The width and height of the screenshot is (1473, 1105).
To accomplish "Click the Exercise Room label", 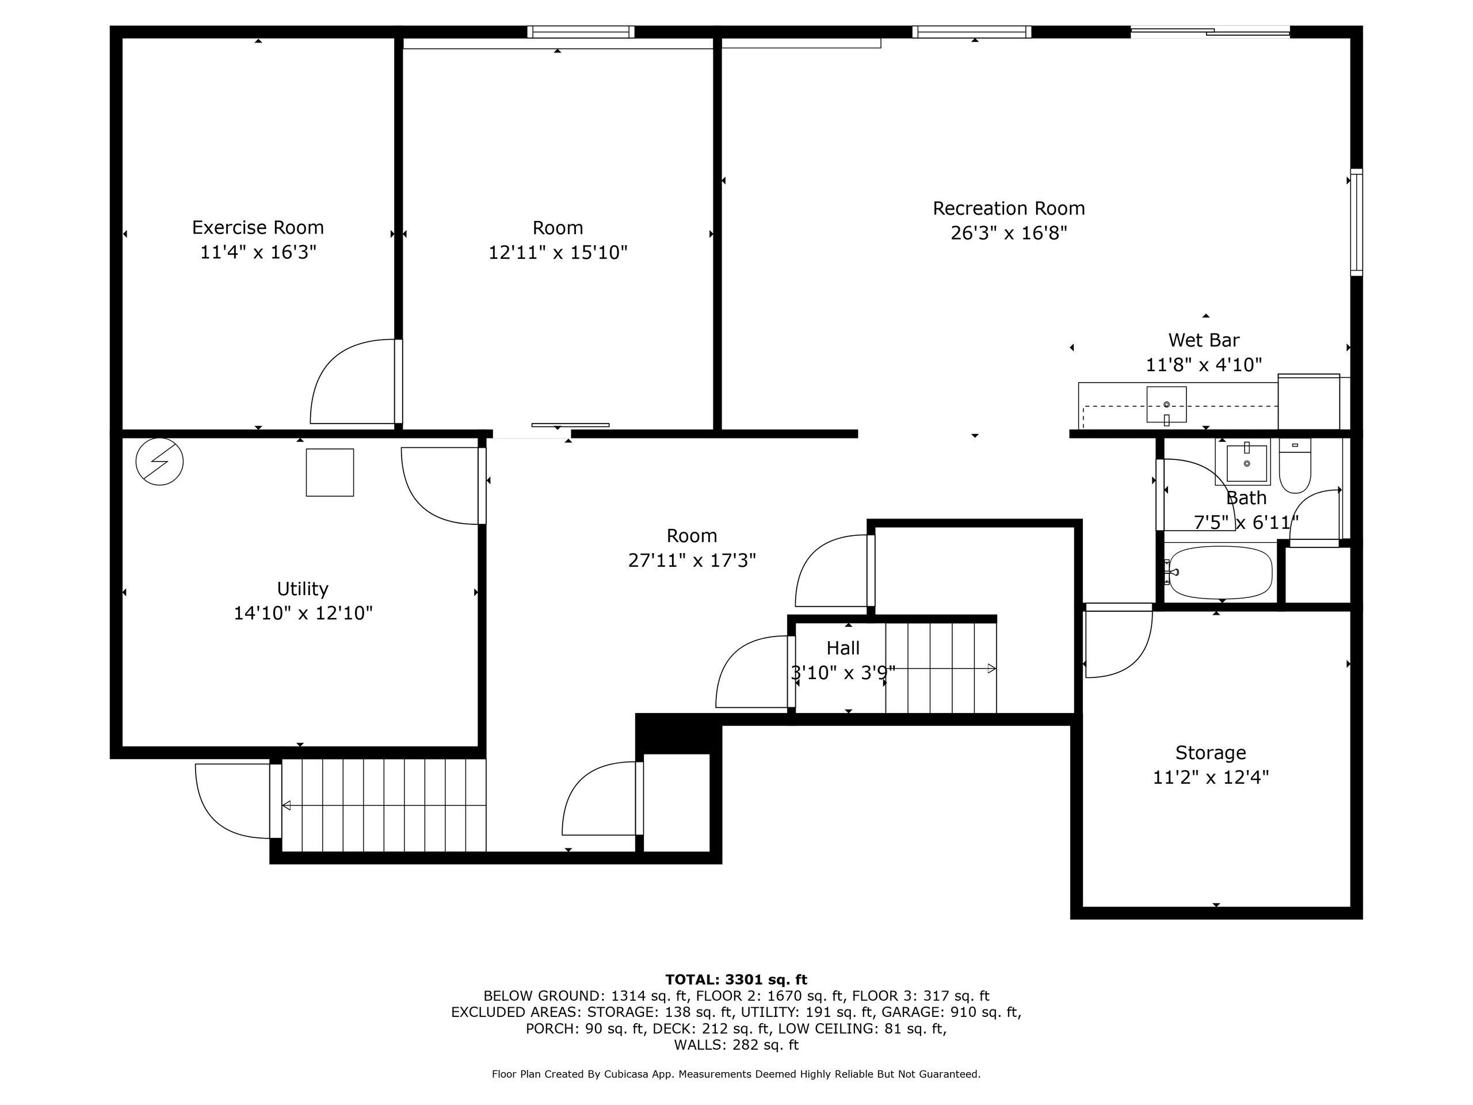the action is pyautogui.click(x=258, y=228).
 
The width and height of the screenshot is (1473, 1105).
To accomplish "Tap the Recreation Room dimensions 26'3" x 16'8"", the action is pyautogui.click(x=1009, y=233).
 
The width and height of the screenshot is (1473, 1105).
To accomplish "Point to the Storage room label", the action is pyautogui.click(x=1211, y=753).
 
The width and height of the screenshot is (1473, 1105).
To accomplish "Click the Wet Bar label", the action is pyautogui.click(x=1204, y=340).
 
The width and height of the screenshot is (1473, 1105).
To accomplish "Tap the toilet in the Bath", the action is pyautogui.click(x=1295, y=466).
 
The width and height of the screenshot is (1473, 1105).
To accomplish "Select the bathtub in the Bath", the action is pyautogui.click(x=1218, y=572).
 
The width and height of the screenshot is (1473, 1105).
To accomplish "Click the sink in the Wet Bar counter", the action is pyautogui.click(x=1167, y=404).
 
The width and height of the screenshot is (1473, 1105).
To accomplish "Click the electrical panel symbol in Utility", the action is pyautogui.click(x=159, y=462).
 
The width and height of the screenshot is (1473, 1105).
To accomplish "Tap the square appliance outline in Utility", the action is pyautogui.click(x=330, y=473).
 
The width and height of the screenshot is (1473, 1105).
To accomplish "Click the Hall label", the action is pyautogui.click(x=843, y=648).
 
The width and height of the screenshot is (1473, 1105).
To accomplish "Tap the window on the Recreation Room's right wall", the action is pyautogui.click(x=1356, y=223).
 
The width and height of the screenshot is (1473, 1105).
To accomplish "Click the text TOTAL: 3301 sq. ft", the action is pyautogui.click(x=736, y=980).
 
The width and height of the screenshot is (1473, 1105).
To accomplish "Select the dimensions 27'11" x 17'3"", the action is pyautogui.click(x=692, y=560).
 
